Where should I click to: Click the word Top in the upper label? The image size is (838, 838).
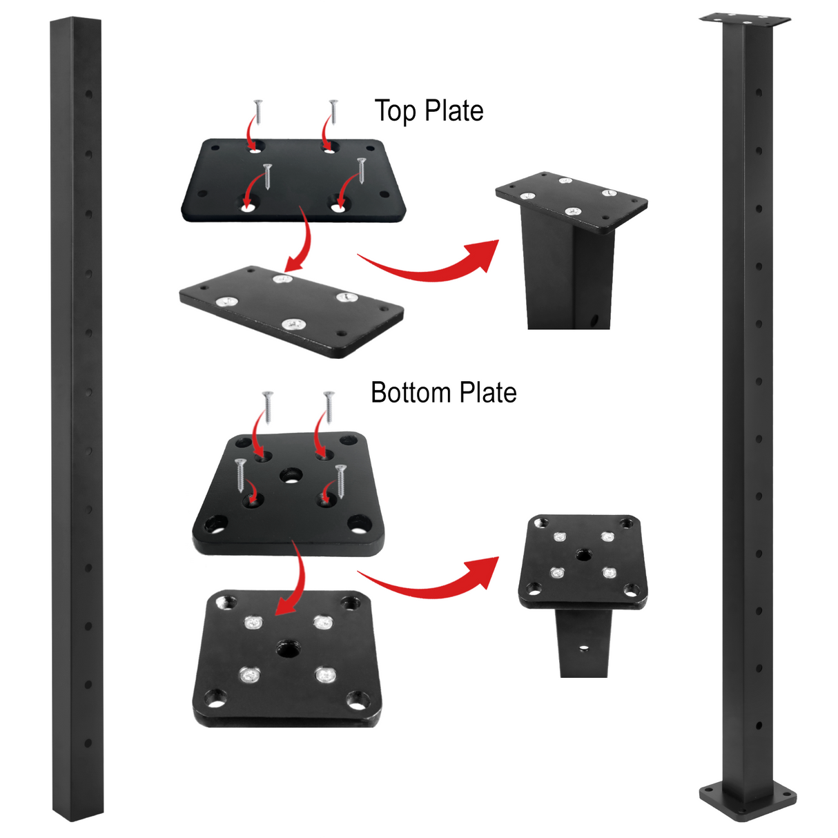[395, 111]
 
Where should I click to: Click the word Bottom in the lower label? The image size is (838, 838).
[411, 393]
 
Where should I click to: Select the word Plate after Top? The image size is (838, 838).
[454, 111]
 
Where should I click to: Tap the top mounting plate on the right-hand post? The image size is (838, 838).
[745, 19]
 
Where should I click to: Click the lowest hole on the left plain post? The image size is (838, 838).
[88, 743]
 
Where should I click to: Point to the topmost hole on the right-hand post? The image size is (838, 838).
[759, 91]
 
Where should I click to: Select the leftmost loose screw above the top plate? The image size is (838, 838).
[257, 110]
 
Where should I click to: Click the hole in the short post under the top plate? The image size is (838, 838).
[593, 320]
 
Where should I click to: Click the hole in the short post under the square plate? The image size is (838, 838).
[584, 648]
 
